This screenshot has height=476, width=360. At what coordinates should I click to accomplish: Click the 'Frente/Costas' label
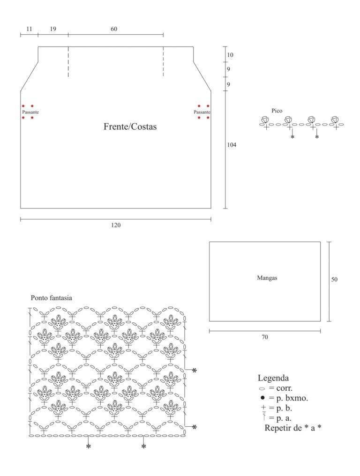(130, 126)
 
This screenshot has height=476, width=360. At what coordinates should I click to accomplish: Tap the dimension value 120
(116, 225)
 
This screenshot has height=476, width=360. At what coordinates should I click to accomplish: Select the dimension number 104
(232, 145)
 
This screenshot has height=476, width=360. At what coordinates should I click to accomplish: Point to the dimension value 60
(114, 29)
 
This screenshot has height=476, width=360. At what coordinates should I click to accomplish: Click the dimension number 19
(53, 29)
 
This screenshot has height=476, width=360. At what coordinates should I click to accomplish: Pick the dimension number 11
(29, 29)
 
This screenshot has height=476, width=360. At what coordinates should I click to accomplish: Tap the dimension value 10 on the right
(230, 55)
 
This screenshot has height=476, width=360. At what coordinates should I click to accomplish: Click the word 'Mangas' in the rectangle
(267, 278)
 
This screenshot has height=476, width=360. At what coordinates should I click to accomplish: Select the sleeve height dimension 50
(334, 279)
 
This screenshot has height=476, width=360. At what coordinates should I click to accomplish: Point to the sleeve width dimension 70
(264, 337)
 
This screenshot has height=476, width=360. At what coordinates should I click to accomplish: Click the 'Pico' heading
(277, 111)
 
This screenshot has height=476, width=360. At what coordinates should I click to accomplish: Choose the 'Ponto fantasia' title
(52, 298)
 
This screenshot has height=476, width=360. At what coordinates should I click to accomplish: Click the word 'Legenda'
(273, 378)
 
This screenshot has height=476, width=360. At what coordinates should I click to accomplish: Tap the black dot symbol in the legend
(263, 398)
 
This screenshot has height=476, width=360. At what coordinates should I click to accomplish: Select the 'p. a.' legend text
(284, 418)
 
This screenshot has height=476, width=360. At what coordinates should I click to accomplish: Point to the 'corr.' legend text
(285, 388)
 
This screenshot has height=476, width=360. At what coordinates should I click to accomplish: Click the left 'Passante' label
(30, 112)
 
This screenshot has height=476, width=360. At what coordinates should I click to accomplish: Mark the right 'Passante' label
(202, 112)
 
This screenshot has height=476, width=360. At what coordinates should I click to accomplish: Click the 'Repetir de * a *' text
(293, 428)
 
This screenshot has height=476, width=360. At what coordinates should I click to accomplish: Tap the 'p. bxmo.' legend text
(292, 398)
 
